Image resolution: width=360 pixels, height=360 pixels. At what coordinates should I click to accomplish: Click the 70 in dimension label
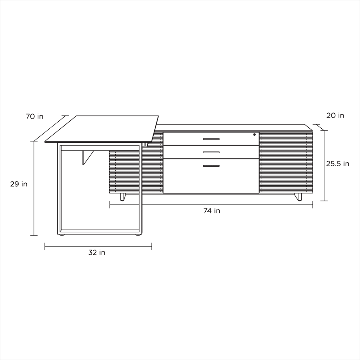point(34,116)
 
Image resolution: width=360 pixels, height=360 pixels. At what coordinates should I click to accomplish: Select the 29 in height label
point(19,184)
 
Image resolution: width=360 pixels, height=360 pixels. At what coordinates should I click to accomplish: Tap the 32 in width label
point(97,252)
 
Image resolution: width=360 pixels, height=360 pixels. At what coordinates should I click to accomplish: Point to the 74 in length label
point(212,211)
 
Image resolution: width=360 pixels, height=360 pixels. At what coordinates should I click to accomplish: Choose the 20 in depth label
point(335,115)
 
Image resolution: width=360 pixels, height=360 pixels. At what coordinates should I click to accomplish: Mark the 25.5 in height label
point(337,163)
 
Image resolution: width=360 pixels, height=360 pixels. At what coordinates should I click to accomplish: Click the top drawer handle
point(211,139)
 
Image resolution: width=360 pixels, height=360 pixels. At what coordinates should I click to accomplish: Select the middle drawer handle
point(211,152)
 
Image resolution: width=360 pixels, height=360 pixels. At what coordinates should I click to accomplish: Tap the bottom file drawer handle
point(211,166)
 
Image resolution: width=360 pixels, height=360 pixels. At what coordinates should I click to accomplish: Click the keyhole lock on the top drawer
point(254,134)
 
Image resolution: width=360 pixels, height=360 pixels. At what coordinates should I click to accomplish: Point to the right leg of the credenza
point(298,197)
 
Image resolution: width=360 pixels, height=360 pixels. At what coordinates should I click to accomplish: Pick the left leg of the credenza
point(123,197)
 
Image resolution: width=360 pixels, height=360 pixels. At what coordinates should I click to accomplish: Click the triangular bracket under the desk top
point(86,157)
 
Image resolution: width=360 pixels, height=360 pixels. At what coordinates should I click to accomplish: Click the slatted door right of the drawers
point(286,162)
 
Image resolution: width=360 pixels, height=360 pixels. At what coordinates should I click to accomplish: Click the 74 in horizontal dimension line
point(246,205)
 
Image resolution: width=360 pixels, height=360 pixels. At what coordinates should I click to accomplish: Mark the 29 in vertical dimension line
point(34,211)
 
